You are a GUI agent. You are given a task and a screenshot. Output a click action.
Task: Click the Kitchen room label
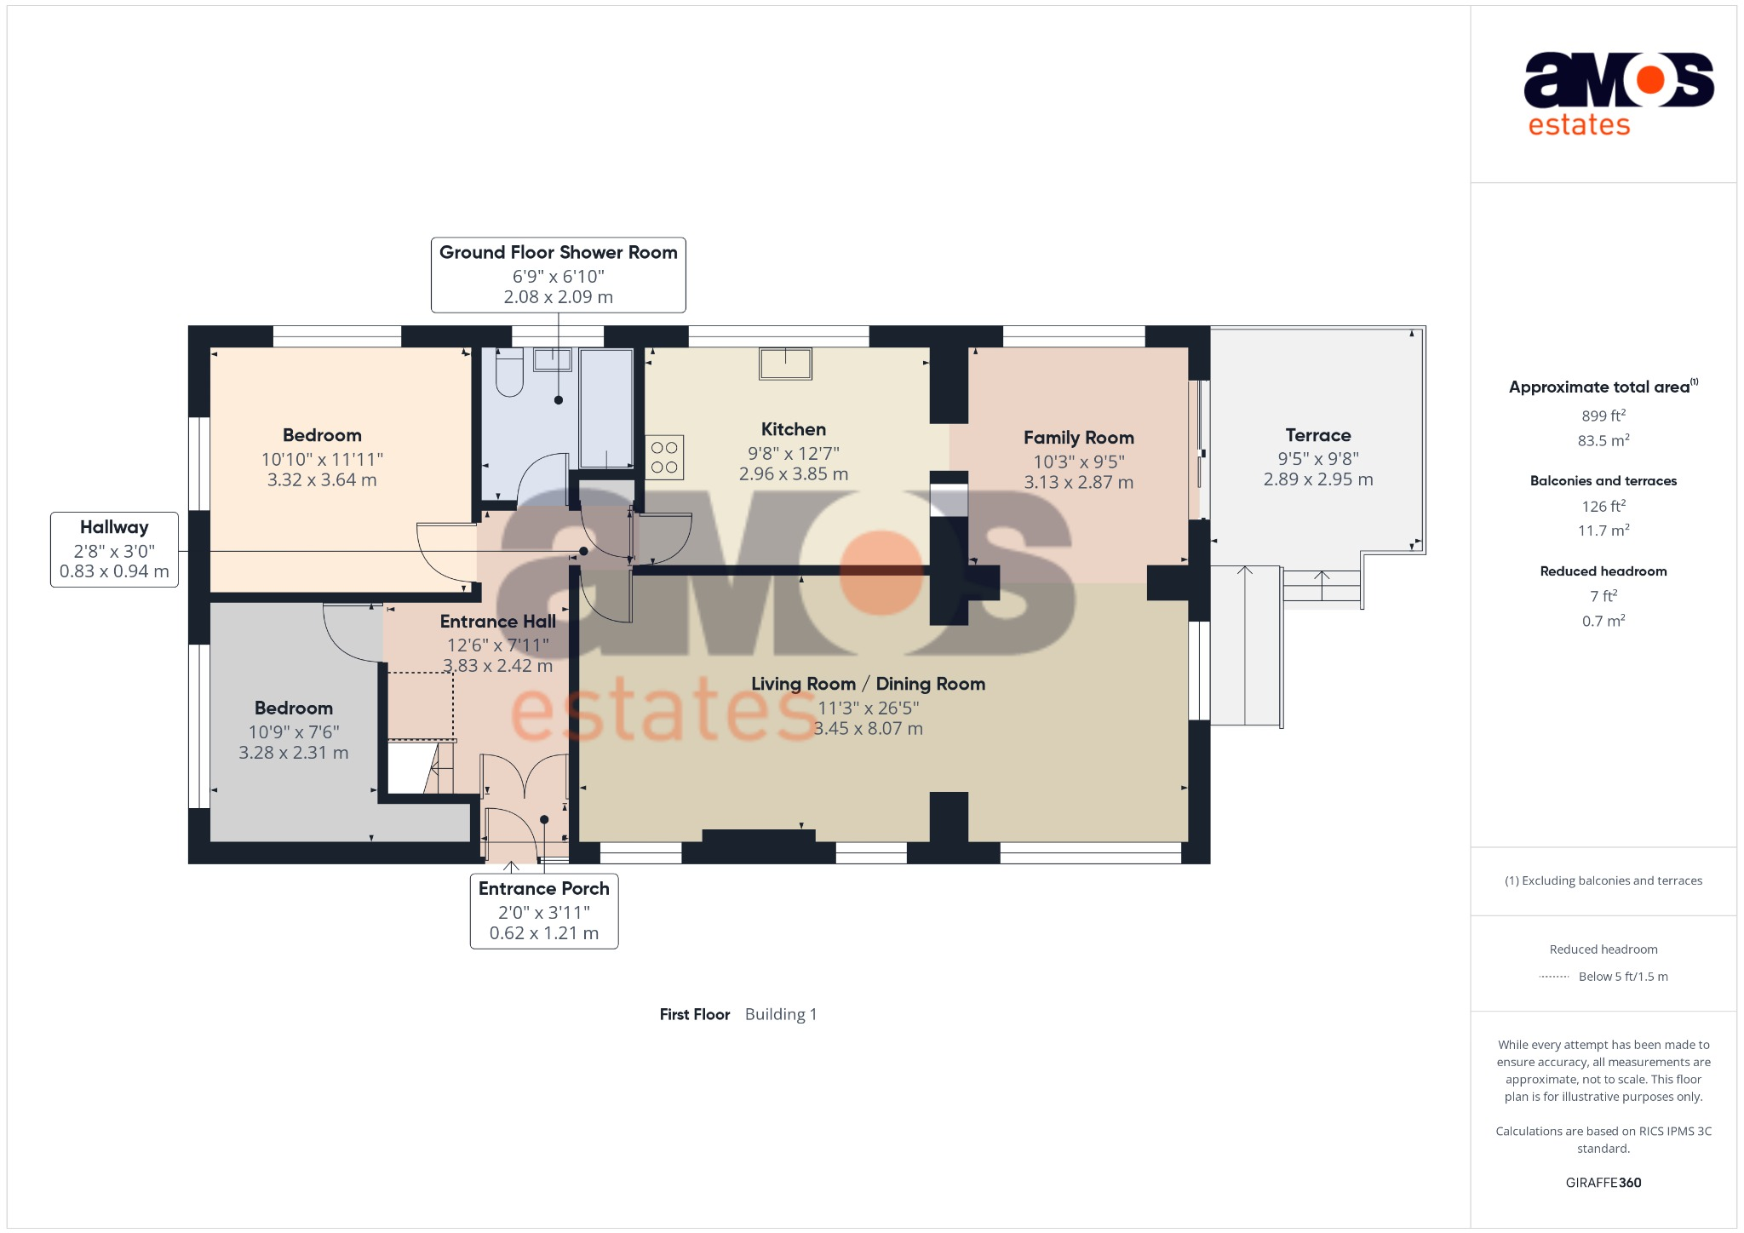[794, 430]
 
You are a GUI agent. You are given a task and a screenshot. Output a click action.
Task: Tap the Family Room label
[1079, 438]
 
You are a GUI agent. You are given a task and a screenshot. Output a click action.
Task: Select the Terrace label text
[1318, 435]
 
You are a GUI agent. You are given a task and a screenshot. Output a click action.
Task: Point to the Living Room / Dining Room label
[868, 684]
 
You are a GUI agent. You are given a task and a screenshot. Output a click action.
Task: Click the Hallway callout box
[114, 549]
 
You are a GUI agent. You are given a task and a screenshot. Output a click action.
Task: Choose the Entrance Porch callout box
[544, 911]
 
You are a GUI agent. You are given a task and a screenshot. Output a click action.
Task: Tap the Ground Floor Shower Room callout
[559, 275]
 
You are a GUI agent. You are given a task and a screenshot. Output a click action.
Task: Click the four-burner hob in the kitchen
[664, 457]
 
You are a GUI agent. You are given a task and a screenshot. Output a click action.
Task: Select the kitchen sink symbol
[785, 364]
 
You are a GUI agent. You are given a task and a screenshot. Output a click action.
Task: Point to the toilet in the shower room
[509, 372]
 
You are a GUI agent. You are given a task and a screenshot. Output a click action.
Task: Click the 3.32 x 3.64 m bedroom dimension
[322, 480]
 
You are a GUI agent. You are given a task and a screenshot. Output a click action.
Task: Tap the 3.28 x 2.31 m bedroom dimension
[294, 753]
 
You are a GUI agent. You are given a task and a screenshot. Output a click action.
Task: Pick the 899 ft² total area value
[1603, 416]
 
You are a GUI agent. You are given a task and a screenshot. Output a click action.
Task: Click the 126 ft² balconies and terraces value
[1603, 506]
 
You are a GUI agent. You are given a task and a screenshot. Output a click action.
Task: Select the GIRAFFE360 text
[1603, 1183]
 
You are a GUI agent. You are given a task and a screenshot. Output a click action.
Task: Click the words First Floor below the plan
[695, 1014]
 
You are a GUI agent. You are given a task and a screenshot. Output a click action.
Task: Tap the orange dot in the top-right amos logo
[1650, 80]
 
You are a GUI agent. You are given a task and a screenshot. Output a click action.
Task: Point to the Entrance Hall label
[498, 622]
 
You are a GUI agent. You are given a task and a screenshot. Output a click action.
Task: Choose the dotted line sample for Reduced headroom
[1554, 977]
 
